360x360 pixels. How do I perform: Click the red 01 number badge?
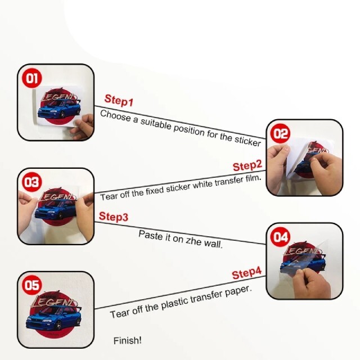point(31,78)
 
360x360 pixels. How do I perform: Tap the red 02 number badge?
point(280,133)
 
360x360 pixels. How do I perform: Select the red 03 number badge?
point(31,182)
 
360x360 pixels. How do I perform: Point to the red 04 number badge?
point(280,237)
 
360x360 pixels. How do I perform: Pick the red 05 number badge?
point(31,285)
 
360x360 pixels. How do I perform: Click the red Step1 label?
point(119,100)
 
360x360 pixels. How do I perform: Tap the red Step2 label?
point(247,165)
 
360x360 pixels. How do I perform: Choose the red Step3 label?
point(114,217)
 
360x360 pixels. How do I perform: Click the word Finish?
point(128,340)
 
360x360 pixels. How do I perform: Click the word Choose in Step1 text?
point(115,115)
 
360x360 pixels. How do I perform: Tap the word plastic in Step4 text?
point(175,303)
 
